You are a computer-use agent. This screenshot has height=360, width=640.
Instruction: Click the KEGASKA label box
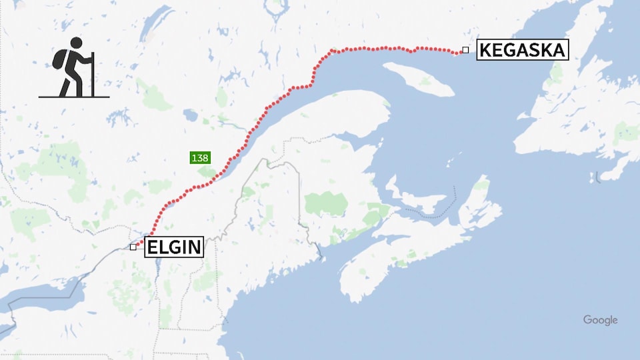click(x=522, y=50)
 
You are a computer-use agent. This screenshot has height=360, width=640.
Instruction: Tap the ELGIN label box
click(x=173, y=247)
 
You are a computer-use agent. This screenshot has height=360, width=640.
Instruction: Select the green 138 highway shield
click(x=200, y=158)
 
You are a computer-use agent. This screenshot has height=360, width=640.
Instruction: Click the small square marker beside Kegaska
click(x=465, y=50)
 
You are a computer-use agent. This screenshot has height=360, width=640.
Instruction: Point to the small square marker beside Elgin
click(x=133, y=247)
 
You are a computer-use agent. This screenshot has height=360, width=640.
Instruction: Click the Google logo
click(x=600, y=320)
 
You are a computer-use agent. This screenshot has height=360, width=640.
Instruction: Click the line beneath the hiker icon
click(x=73, y=97)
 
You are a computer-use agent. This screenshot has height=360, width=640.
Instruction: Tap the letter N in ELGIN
click(x=193, y=247)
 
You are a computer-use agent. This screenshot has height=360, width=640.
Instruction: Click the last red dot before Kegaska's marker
click(x=459, y=52)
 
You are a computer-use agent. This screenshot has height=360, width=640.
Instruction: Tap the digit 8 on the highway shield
click(x=205, y=158)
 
